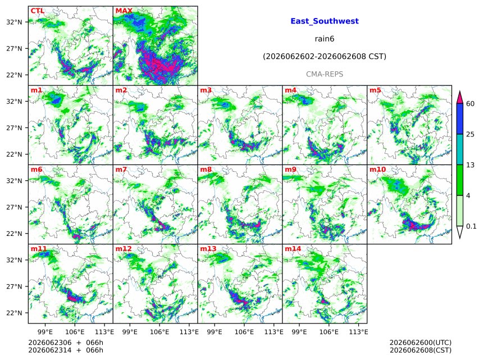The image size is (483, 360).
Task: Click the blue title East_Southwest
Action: pyautogui.click(x=325, y=21)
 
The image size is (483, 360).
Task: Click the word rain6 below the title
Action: pyautogui.click(x=325, y=39)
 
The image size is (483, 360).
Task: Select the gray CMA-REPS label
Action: pyautogui.click(x=325, y=74)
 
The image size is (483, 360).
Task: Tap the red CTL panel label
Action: pyautogui.click(x=37, y=11)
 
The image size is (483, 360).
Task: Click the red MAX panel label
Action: pyautogui.click(x=124, y=11)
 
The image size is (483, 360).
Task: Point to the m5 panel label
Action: pyautogui.click(x=375, y=90)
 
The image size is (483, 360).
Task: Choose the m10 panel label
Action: pyautogui.click(x=377, y=170)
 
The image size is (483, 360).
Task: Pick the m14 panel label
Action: pyautogui.click(x=293, y=249)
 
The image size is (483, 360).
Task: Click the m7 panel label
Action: pyautogui.click(x=121, y=170)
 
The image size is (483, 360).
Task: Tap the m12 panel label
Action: pyautogui.click(x=123, y=249)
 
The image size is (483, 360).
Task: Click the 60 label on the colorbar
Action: pyautogui.click(x=470, y=103)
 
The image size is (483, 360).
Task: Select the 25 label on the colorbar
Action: pyautogui.click(x=470, y=134)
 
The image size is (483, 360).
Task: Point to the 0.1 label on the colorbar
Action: pyautogui.click(x=471, y=226)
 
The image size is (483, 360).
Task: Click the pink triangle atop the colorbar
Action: pyautogui.click(x=459, y=98)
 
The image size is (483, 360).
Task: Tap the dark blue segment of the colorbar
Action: pyautogui.click(x=459, y=119)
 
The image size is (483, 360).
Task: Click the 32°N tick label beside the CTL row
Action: pyautogui.click(x=14, y=22)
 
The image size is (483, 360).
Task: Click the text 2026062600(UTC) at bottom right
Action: pyautogui.click(x=421, y=343)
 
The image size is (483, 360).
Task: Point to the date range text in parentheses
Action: pyautogui.click(x=325, y=57)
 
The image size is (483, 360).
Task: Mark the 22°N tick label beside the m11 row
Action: pyautogui.click(x=14, y=313)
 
